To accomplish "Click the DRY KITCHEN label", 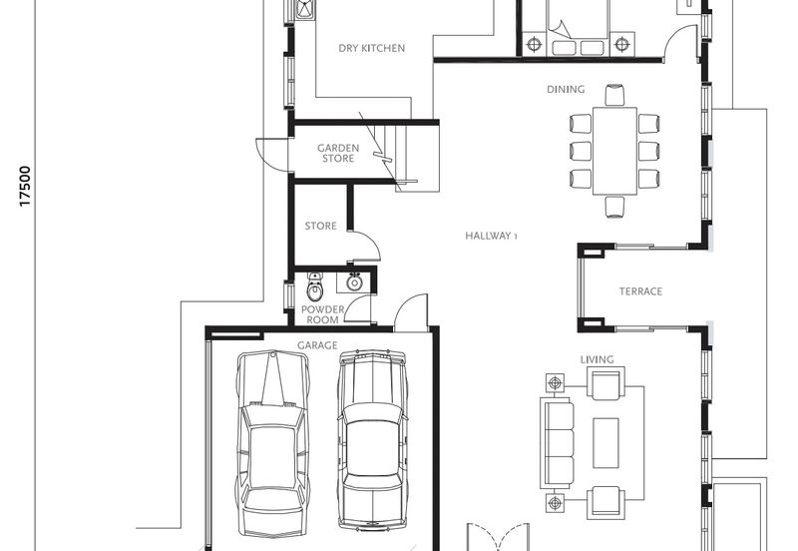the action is point(371,48).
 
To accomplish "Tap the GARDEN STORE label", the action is point(338,153).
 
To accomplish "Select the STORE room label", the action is point(320,226).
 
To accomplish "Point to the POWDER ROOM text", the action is point(322,314).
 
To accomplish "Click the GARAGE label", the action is point(317,345).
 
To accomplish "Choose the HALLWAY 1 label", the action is point(491,236).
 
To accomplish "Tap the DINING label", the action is point(566,89).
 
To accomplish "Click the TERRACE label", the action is point(640,291).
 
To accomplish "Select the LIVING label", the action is point(597,359).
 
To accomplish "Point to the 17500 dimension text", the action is point(25,187).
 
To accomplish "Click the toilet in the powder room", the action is point(315,286).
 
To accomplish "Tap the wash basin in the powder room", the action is point(354,281).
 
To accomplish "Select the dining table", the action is point(614,151).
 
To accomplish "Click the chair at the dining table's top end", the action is point(614,95).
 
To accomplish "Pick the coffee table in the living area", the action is point(605,443).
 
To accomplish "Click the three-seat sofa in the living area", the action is point(558,443).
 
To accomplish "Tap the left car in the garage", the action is point(272,443).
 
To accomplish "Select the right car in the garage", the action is point(372,440).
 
